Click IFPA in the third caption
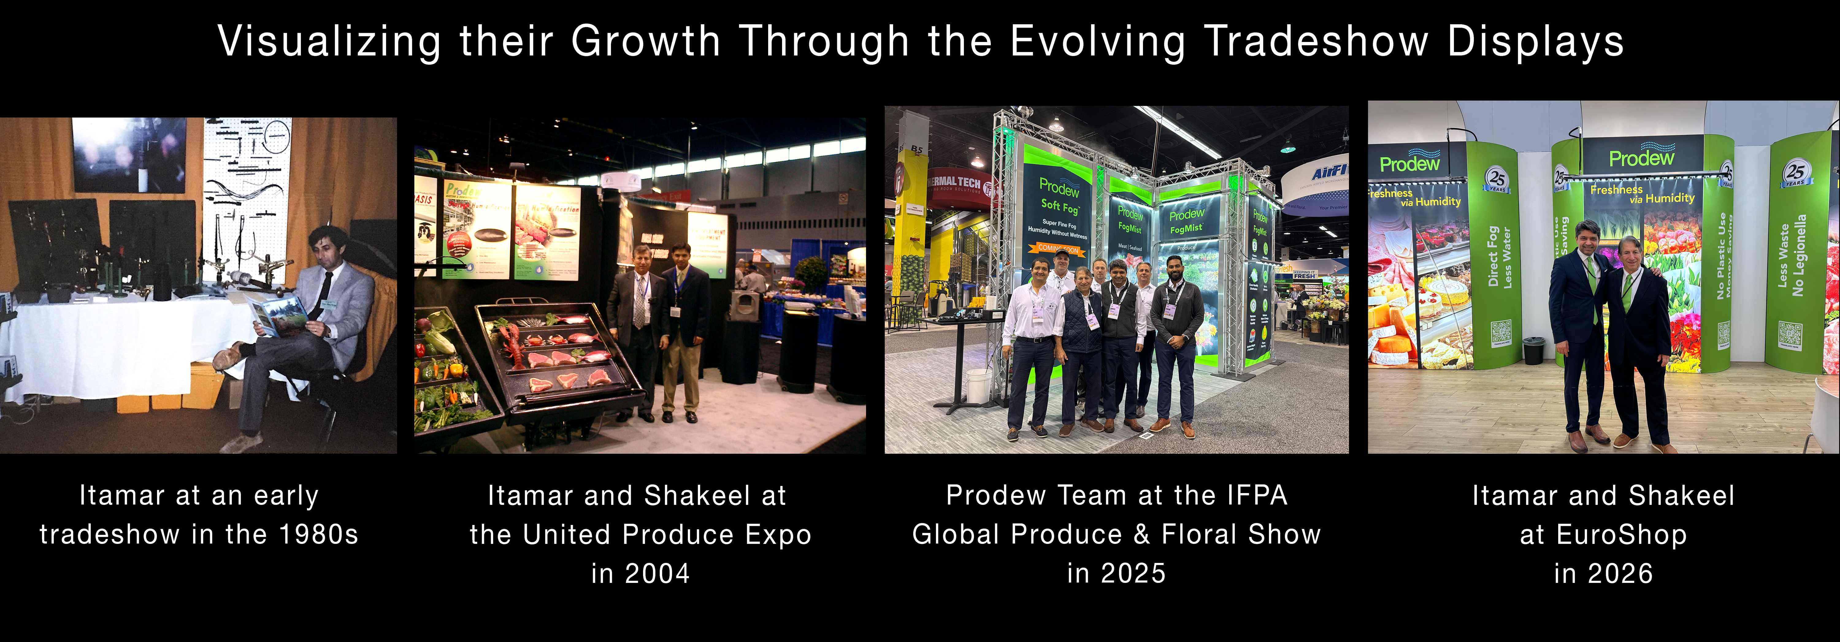click(1257, 495)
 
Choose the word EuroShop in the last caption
click(1621, 534)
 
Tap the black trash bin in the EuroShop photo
click(1533, 350)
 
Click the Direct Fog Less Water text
click(1499, 257)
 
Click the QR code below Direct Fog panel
click(1501, 333)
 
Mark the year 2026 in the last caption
click(1620, 573)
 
